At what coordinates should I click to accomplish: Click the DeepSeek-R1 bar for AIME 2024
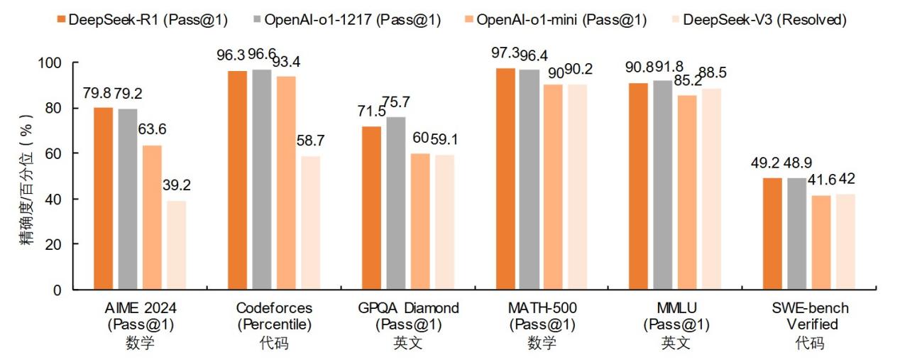click(x=103, y=199)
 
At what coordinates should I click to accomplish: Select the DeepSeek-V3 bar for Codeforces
click(x=310, y=223)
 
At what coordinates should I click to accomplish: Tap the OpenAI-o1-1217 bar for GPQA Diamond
click(x=395, y=203)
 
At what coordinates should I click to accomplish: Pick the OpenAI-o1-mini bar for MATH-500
click(x=553, y=187)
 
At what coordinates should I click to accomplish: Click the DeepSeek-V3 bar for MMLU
click(x=710, y=189)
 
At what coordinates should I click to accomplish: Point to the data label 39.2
click(x=177, y=186)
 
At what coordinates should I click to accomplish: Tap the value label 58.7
click(x=310, y=142)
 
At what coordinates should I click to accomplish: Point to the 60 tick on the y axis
click(x=53, y=153)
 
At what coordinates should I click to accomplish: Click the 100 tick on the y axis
click(x=50, y=63)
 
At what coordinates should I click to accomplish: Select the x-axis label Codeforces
click(x=273, y=308)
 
